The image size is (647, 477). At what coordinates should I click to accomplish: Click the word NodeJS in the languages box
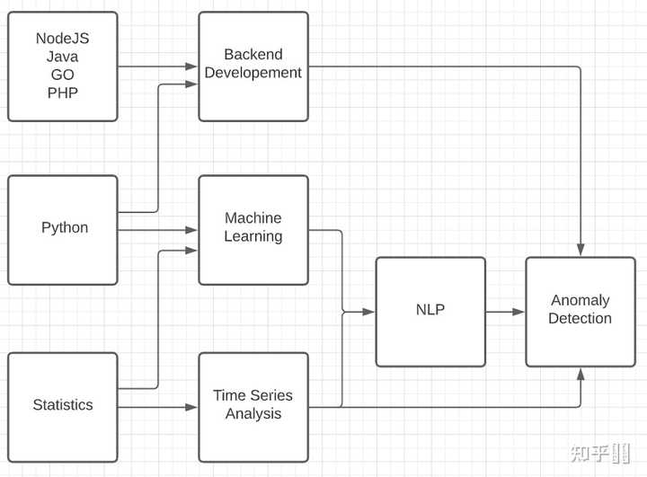[62, 39]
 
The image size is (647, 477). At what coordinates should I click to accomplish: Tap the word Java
[62, 57]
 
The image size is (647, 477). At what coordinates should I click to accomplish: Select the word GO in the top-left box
[63, 75]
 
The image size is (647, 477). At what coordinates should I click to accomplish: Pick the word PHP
[63, 93]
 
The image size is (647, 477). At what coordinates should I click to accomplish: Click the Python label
[65, 228]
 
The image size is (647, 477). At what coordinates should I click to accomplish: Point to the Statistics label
[63, 405]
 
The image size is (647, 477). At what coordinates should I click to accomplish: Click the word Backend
[253, 55]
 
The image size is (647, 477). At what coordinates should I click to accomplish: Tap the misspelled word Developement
[253, 73]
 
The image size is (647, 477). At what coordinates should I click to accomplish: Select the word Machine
[253, 218]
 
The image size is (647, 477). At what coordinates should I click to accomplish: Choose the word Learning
[253, 236]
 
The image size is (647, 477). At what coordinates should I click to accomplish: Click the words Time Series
[253, 395]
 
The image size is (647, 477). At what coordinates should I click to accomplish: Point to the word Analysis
[253, 413]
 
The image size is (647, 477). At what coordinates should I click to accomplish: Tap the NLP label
[430, 310]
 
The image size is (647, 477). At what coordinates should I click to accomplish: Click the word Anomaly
[581, 300]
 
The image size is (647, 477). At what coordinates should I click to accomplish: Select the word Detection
[581, 319]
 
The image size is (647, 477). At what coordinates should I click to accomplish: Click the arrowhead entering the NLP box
[369, 312]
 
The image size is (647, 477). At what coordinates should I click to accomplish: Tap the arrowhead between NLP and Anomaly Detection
[518, 312]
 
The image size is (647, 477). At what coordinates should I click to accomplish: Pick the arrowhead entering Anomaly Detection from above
[581, 250]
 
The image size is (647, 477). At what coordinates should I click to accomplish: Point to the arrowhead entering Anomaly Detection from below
[581, 374]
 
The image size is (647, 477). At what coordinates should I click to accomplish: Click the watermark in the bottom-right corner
[601, 453]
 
